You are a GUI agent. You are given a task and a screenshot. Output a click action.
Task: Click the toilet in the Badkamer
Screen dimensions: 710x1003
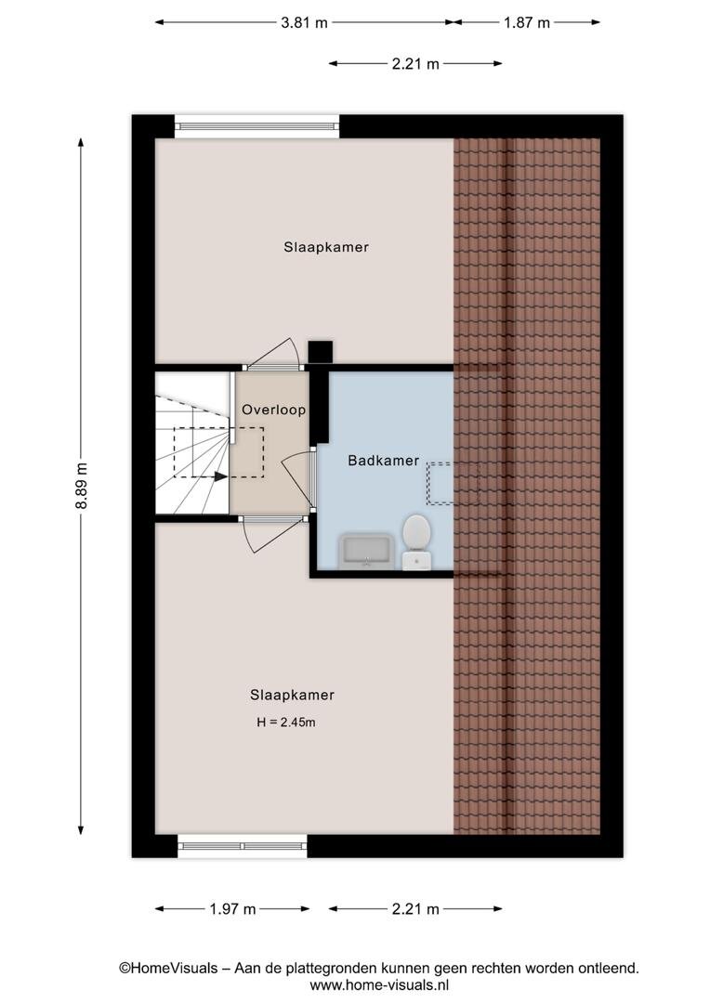point(416,541)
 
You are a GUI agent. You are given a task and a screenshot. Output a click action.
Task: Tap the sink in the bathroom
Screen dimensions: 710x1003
point(365,552)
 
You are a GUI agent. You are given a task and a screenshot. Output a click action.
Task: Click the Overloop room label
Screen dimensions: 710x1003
point(273,410)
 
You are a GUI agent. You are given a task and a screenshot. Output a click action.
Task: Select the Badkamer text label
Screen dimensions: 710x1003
point(384,461)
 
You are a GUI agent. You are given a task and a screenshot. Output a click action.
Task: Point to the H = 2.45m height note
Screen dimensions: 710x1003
point(286,723)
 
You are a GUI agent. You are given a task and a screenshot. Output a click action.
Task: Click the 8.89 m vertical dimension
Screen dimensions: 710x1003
point(81,486)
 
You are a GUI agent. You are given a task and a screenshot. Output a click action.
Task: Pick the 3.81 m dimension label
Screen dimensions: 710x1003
point(304,23)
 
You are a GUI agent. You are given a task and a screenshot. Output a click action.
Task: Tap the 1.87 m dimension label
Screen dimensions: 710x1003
point(527,23)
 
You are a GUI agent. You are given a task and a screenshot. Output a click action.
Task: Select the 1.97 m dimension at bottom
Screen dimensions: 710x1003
point(232,909)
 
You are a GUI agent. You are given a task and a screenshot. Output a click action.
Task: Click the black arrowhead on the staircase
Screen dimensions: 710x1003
point(221,476)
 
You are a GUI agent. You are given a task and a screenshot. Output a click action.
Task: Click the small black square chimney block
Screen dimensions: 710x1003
point(320,352)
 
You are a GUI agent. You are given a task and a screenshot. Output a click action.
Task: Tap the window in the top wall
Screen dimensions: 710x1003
point(256,126)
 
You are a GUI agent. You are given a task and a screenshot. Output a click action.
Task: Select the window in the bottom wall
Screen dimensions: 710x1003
point(242,846)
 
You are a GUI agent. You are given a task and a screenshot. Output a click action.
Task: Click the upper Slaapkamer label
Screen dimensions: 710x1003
point(326,248)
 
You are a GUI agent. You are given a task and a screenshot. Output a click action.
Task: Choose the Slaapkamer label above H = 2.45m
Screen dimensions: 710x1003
point(293,696)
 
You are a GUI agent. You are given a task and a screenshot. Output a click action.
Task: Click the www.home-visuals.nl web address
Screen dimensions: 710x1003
point(379,985)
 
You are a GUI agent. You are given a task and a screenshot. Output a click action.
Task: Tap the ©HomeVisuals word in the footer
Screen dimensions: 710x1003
point(168,969)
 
